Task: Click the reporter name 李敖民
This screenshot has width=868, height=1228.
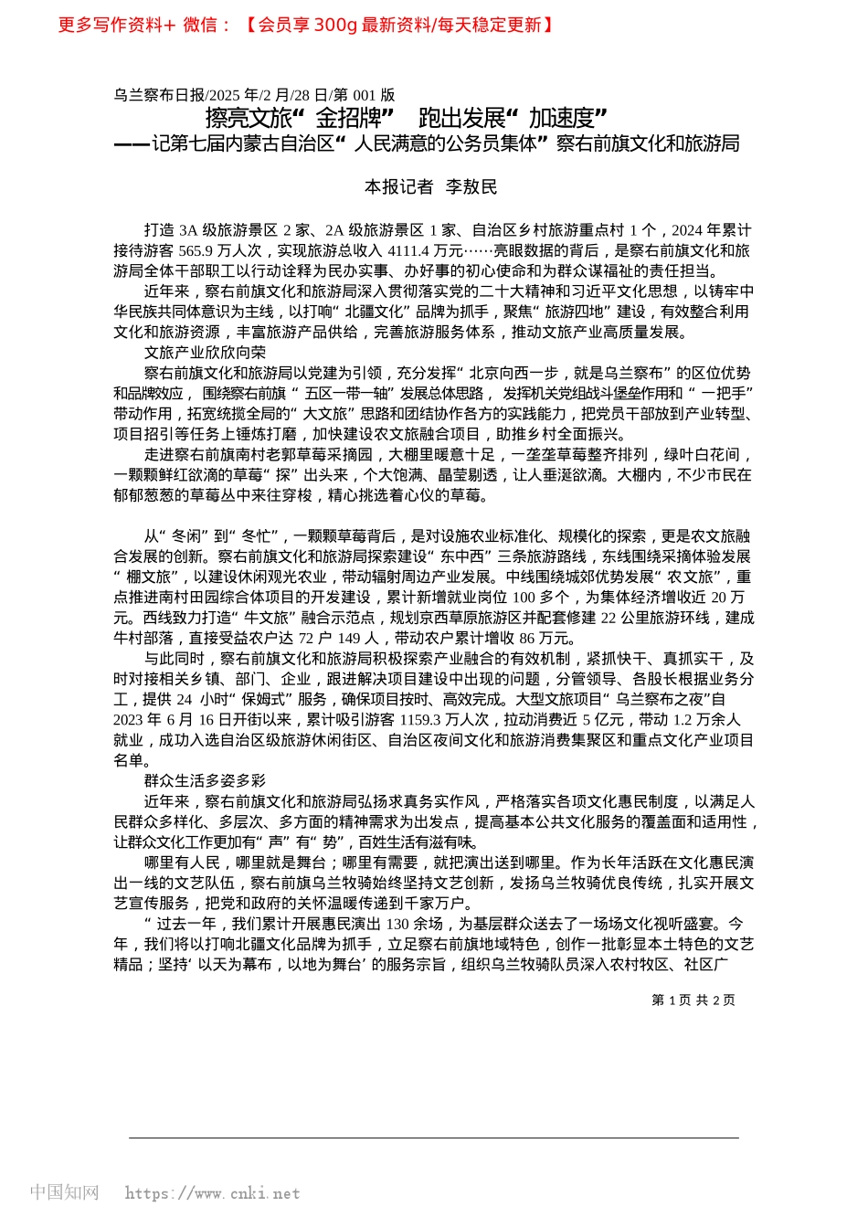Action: pos(471,187)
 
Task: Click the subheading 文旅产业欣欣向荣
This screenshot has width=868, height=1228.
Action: pos(205,353)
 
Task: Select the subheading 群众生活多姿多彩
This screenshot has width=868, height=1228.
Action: pos(205,781)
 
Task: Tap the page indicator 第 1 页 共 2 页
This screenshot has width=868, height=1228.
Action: pos(693,1000)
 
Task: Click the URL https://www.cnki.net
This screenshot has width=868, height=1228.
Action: pos(212,1193)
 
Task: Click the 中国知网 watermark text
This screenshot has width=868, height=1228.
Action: pos(64,1192)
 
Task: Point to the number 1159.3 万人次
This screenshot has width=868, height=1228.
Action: pos(444,720)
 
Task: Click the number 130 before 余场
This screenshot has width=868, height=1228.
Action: pos(397,925)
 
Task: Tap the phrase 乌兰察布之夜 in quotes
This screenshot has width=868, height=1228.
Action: pos(662,700)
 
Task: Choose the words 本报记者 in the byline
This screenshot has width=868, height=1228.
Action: pos(398,187)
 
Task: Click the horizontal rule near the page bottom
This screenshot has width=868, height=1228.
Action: pos(433,1138)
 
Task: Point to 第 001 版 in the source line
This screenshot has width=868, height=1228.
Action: pos(364,95)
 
